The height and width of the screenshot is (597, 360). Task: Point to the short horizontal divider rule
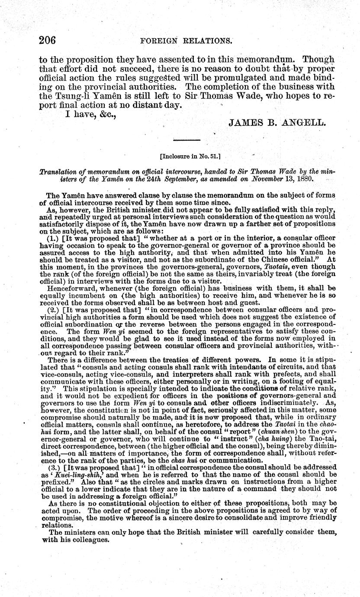tap(186, 140)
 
